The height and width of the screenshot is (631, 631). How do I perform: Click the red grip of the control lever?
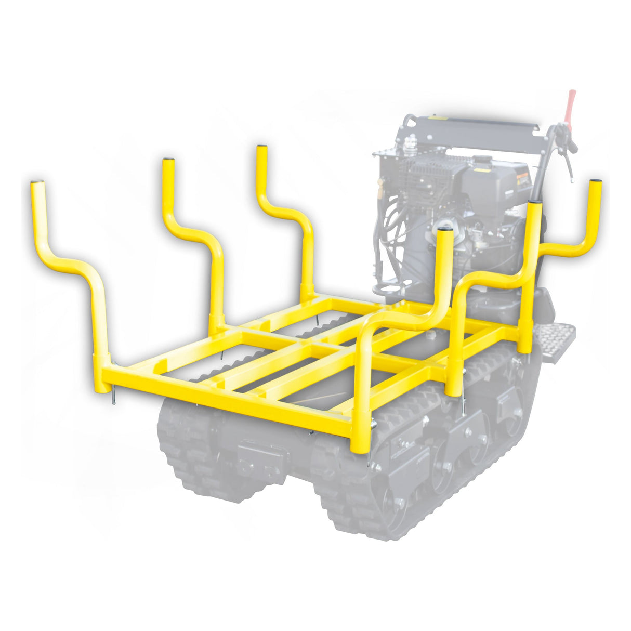pos(571,104)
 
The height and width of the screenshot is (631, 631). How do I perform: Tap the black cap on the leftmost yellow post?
pos(36,182)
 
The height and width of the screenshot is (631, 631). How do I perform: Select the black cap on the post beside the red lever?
pos(596,181)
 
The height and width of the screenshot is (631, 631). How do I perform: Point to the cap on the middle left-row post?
pos(168,160)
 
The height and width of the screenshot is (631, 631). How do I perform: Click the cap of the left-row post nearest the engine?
pos(261,147)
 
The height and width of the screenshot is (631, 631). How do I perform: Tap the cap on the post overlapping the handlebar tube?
pos(535,201)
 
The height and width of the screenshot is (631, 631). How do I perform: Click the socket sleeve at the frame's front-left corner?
pos(101,373)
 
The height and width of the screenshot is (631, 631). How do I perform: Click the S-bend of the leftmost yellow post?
pos(68,260)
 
